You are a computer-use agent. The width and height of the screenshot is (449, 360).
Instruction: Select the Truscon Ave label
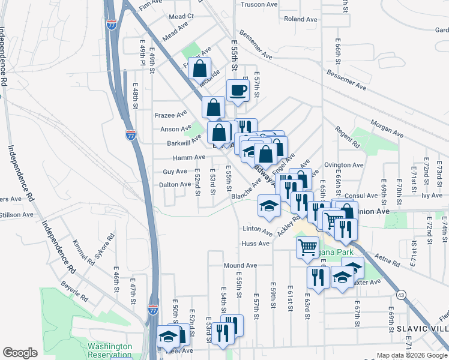pos(259,4)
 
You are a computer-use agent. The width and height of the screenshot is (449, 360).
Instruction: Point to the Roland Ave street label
pos(301,19)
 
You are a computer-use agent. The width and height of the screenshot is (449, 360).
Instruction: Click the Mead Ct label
pos(182,16)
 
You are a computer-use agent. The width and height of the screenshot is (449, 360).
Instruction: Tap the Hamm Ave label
pos(188,157)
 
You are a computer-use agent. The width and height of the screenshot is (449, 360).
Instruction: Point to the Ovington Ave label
pos(344,165)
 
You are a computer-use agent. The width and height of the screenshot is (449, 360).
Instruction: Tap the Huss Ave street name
pos(255,244)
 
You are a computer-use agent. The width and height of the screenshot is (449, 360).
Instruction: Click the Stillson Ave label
pos(16,214)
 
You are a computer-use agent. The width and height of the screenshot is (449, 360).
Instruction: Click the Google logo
pos(20,353)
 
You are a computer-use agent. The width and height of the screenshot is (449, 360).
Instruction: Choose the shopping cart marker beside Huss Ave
pos(307,245)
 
